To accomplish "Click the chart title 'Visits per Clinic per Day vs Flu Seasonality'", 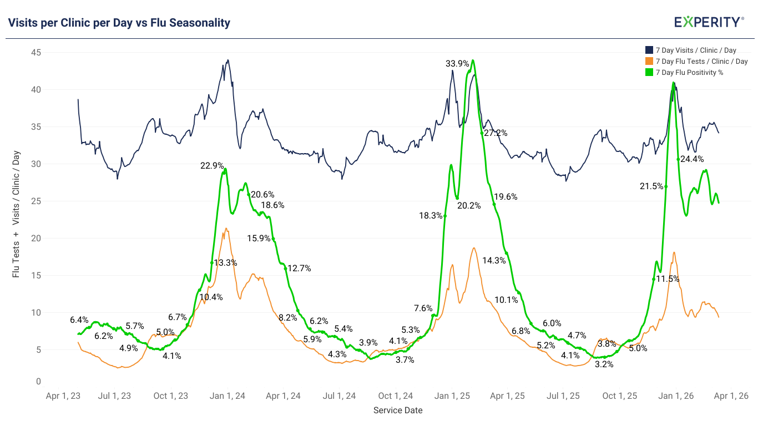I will click(x=119, y=23).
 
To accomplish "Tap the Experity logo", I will click(x=709, y=22).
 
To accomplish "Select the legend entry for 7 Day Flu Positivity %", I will click(x=689, y=73).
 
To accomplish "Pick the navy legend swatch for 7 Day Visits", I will click(x=649, y=50).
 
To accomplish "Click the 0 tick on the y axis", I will click(x=38, y=382).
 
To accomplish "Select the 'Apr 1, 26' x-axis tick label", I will click(x=731, y=396).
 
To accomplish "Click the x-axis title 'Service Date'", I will click(x=397, y=410).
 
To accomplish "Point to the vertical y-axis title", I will click(x=16, y=214).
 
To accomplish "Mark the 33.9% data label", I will click(x=457, y=64).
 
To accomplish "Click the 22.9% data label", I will click(x=212, y=165).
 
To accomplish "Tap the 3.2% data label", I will click(x=604, y=364).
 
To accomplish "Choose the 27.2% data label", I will click(x=496, y=133).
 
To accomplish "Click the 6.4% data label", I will click(x=79, y=319).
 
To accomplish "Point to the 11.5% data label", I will click(x=668, y=279).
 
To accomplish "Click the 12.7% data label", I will click(x=299, y=268).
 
